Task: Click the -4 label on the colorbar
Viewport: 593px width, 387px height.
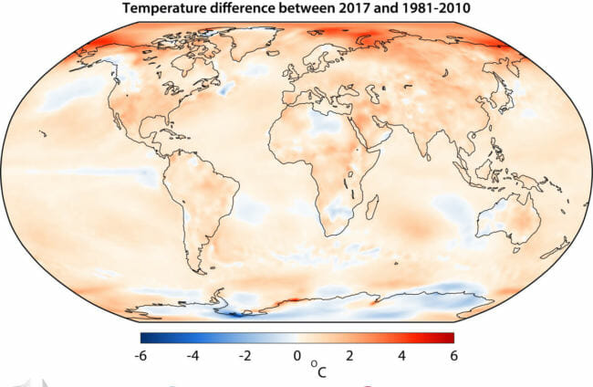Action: (x=192, y=355)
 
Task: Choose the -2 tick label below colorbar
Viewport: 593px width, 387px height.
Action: (x=244, y=355)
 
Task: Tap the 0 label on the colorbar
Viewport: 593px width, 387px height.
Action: (x=296, y=355)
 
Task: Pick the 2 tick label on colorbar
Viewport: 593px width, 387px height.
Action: (x=348, y=355)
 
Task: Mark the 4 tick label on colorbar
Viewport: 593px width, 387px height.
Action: (x=400, y=355)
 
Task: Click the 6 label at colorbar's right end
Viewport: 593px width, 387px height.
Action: (x=452, y=355)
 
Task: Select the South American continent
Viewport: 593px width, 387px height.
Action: (x=205, y=201)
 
